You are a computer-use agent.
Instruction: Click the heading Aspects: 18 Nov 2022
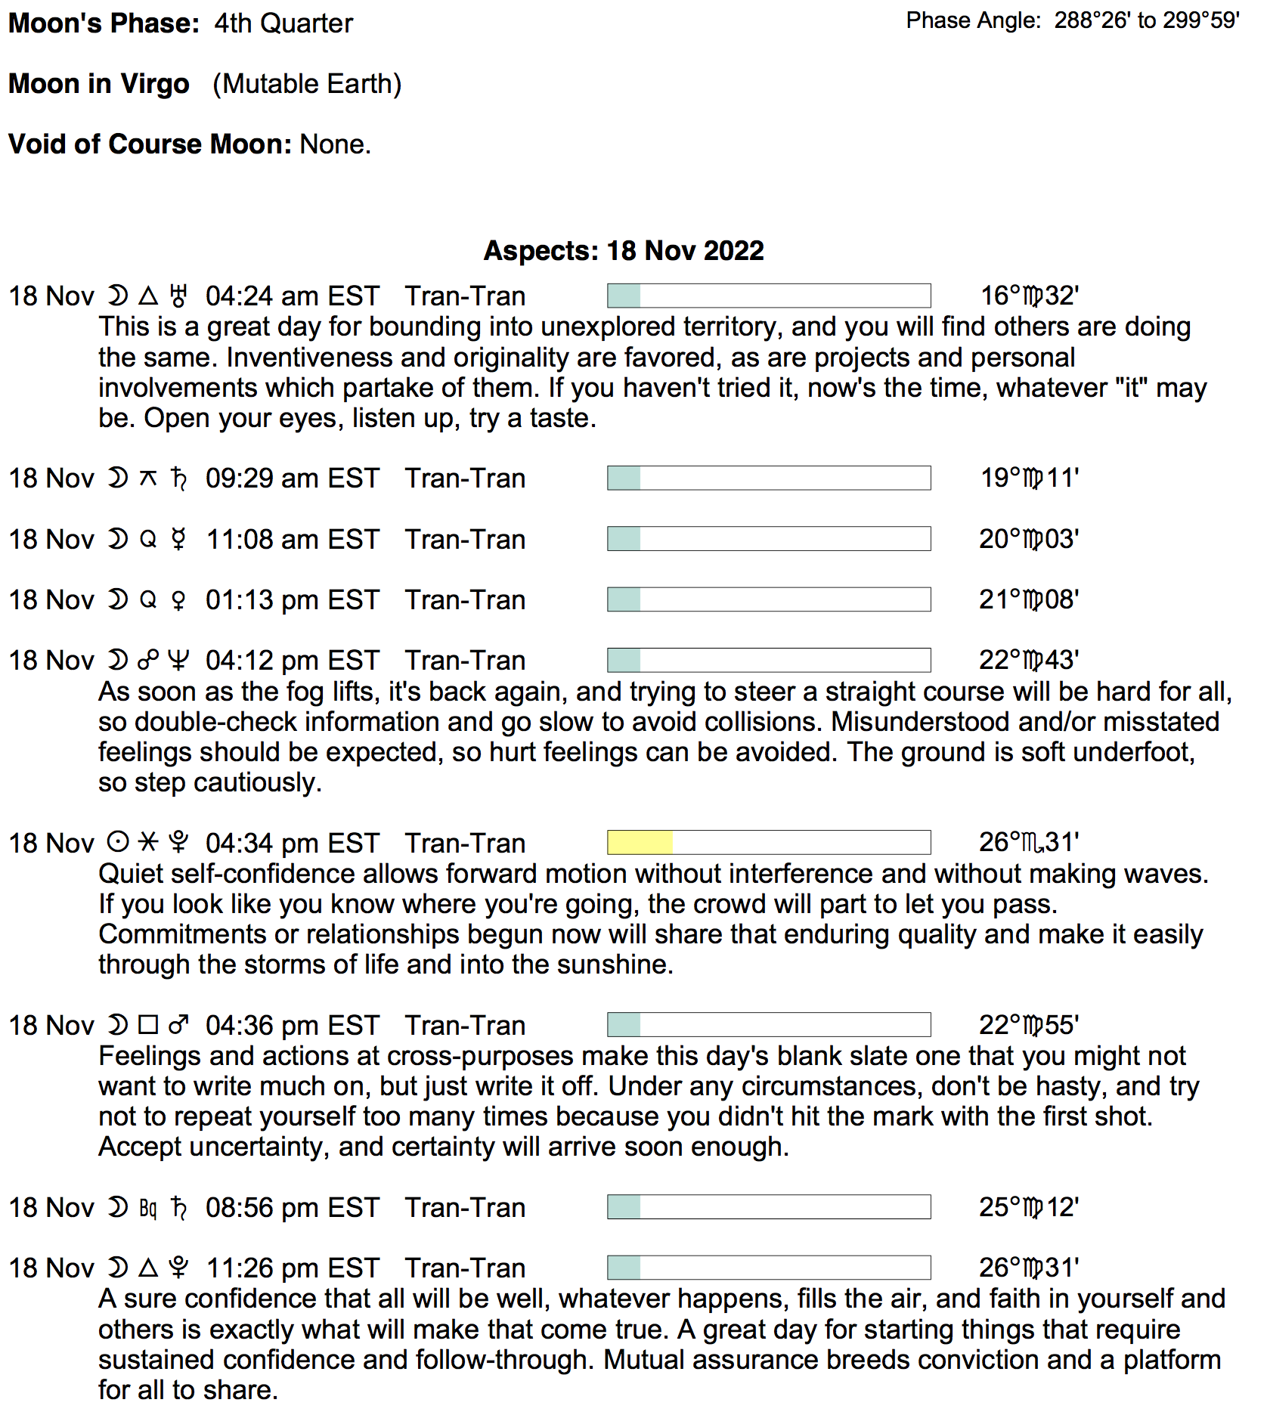(x=624, y=251)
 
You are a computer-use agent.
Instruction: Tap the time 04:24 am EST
(x=292, y=296)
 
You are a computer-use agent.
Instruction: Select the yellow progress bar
(x=768, y=842)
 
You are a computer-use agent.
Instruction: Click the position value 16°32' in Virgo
(x=1029, y=296)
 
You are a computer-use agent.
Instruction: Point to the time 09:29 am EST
(x=292, y=478)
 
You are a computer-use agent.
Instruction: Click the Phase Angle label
(x=973, y=20)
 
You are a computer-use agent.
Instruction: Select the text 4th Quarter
(x=283, y=23)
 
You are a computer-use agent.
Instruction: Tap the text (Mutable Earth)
(x=307, y=84)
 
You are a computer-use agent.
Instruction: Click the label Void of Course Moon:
(x=150, y=144)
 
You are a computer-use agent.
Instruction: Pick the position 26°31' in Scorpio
(x=1029, y=842)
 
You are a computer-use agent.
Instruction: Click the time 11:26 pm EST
(x=292, y=1268)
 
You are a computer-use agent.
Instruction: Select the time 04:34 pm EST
(x=292, y=844)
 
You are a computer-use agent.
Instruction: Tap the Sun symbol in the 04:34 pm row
(x=118, y=842)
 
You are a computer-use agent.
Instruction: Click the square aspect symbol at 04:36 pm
(x=148, y=1025)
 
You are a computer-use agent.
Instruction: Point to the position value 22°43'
(x=1029, y=660)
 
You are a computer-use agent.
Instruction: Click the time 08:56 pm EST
(x=292, y=1208)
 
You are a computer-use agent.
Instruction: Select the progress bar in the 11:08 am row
(x=768, y=539)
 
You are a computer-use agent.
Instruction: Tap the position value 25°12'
(x=1029, y=1207)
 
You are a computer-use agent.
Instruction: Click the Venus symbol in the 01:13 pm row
(x=178, y=601)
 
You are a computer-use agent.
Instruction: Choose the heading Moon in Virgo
(x=99, y=84)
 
